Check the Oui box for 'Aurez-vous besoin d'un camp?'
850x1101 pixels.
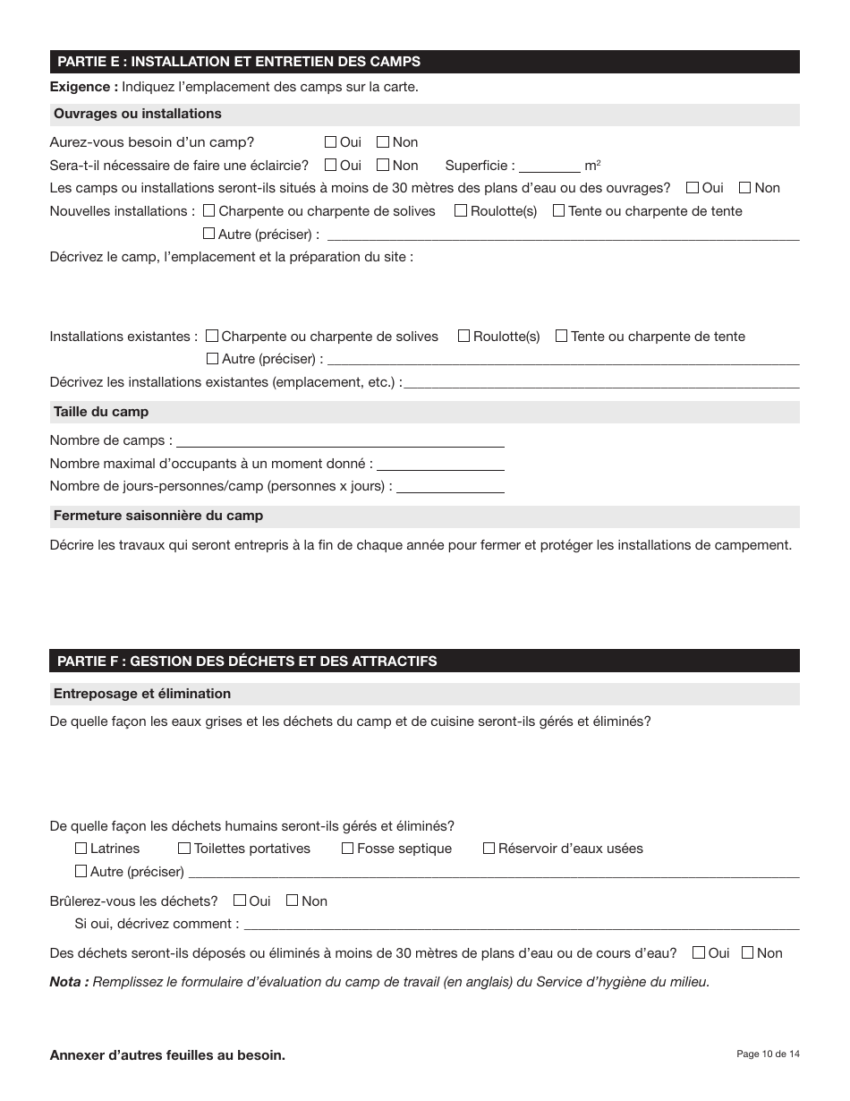(x=330, y=141)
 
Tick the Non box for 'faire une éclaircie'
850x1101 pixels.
(x=383, y=165)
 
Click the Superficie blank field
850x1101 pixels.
(x=549, y=166)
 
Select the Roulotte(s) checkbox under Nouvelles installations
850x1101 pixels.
(x=461, y=211)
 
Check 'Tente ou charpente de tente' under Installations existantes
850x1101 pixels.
(x=561, y=337)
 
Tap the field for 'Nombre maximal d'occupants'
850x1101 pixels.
(x=440, y=464)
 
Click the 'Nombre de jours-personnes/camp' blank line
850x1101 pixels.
(x=450, y=487)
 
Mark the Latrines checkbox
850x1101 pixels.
(x=81, y=849)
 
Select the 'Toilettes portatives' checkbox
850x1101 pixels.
(x=184, y=849)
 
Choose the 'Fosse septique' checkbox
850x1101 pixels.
(x=348, y=849)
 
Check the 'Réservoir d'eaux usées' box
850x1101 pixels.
(x=489, y=849)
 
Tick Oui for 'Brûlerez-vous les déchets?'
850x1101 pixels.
(x=239, y=900)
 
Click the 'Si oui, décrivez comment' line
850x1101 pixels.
(x=521, y=924)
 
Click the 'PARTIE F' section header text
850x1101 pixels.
(x=246, y=661)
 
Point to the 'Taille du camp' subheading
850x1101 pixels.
(x=101, y=412)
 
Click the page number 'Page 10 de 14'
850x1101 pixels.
(x=768, y=1054)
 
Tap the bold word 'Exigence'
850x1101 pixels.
(x=82, y=87)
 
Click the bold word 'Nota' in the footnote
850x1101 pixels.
(x=68, y=982)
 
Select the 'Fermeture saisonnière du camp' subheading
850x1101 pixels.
(x=158, y=516)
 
